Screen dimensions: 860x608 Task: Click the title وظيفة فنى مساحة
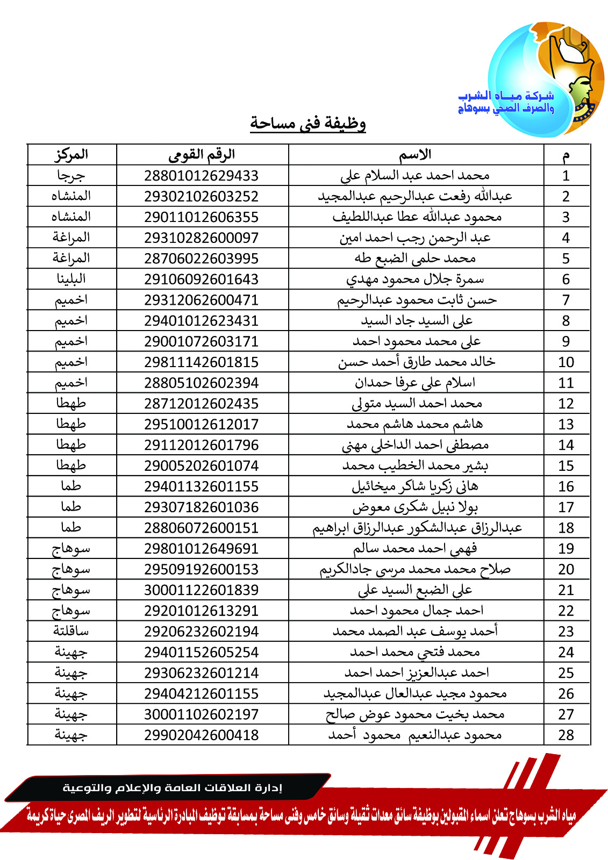(307, 123)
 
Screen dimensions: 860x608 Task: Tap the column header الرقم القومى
(202, 155)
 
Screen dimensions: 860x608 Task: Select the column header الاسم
(415, 155)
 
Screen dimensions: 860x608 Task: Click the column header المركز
(71, 155)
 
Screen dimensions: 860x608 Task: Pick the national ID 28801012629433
(202, 176)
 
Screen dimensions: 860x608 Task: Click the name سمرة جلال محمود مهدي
(415, 279)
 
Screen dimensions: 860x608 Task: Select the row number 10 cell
(566, 362)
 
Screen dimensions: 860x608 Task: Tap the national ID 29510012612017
(202, 425)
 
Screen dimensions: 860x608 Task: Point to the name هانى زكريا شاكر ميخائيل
(415, 486)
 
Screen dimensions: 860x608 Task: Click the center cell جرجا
(71, 176)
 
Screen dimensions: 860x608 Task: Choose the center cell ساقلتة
(71, 632)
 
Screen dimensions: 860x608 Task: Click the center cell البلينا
(71, 279)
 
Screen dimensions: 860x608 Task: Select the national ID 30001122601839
(202, 590)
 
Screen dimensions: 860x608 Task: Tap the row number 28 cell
(566, 735)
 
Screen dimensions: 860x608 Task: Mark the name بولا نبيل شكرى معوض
(415, 507)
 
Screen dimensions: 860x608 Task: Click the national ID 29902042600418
(202, 735)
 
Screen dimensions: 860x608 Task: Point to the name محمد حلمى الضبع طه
(415, 259)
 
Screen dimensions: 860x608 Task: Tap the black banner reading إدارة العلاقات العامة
(172, 788)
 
